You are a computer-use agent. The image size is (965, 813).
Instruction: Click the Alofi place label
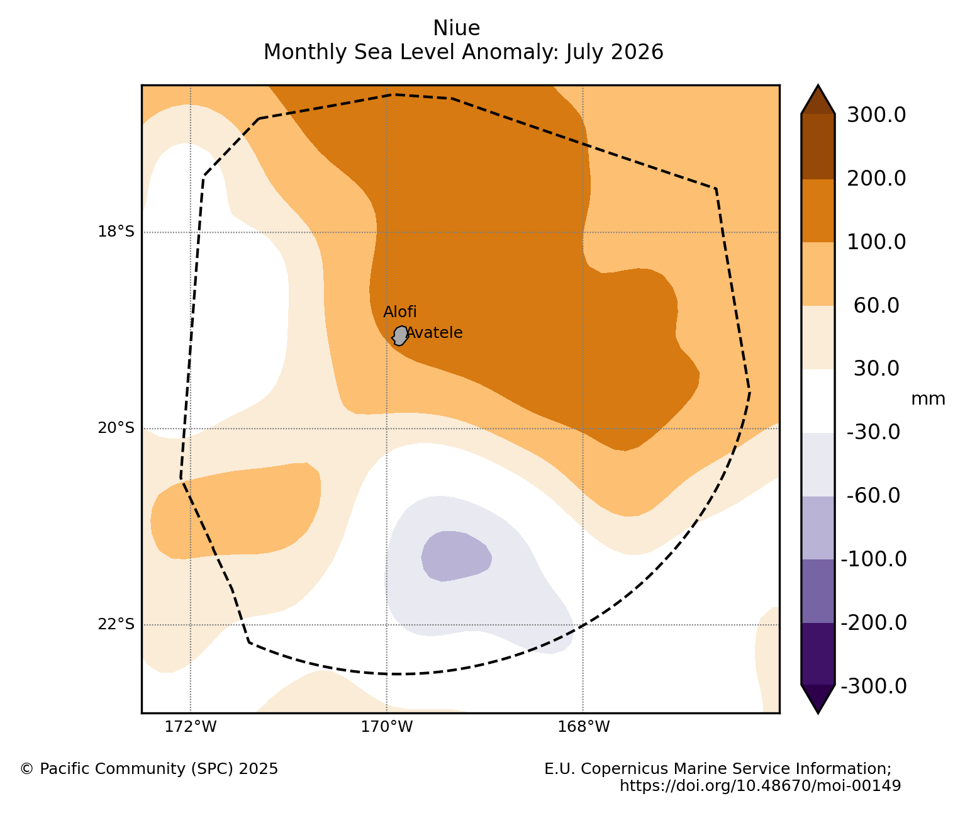coord(399,312)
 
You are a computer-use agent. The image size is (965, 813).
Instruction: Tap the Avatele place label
coord(435,333)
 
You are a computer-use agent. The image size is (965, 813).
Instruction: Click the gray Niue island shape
coord(400,336)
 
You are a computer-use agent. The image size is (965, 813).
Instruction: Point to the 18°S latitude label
coord(116,232)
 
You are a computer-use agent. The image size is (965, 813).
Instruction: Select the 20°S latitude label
coord(116,429)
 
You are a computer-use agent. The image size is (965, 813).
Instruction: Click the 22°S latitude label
coord(116,624)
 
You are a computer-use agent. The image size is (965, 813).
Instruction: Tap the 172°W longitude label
coord(191,727)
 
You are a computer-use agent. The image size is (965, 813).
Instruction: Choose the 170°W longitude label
coord(386,727)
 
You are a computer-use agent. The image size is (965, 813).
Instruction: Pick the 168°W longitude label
coord(583,727)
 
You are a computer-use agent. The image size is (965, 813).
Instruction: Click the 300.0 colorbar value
coord(876,115)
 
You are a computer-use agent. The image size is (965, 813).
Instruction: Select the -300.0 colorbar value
coord(874,686)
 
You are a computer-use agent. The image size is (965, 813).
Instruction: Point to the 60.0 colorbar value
coord(876,305)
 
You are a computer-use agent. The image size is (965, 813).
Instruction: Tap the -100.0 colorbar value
coord(874,559)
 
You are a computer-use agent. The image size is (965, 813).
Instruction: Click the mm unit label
coord(928,399)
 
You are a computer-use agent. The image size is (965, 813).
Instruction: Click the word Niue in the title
coord(456,28)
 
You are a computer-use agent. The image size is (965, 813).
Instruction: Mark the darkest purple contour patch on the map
coord(455,556)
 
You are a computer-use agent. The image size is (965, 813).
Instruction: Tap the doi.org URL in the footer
coord(761,785)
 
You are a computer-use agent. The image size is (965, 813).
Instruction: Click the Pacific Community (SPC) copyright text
coord(149,768)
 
